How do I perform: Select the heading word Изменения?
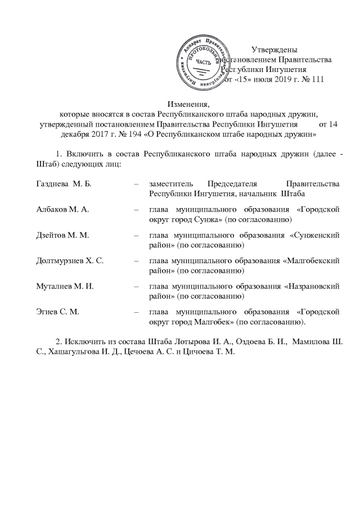pyautogui.click(x=188, y=104)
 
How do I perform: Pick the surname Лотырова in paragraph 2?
pyautogui.click(x=203, y=341)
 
